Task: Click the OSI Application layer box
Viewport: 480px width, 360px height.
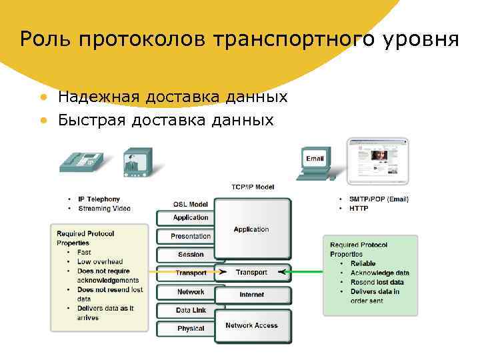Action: pyautogui.click(x=191, y=218)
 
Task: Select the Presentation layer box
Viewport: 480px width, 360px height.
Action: pyautogui.click(x=191, y=236)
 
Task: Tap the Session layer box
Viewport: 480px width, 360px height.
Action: pyautogui.click(x=191, y=255)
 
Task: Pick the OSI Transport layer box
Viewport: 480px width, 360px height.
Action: pyautogui.click(x=191, y=273)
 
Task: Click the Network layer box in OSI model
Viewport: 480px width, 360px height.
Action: pyautogui.click(x=191, y=292)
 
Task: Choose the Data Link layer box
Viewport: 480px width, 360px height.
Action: pyautogui.click(x=191, y=310)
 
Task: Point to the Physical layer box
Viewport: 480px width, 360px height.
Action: pyautogui.click(x=191, y=328)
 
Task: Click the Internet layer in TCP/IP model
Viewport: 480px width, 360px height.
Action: pyautogui.click(x=251, y=295)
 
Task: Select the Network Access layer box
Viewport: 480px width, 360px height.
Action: pyautogui.click(x=251, y=325)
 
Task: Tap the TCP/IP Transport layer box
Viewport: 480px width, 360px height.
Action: pyautogui.click(x=251, y=272)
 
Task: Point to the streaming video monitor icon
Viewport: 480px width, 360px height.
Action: pyautogui.click(x=137, y=163)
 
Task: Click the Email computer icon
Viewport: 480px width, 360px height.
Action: pyautogui.click(x=314, y=163)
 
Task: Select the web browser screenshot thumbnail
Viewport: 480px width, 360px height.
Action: pyautogui.click(x=377, y=161)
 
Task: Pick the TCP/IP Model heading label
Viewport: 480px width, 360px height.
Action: pyautogui.click(x=253, y=187)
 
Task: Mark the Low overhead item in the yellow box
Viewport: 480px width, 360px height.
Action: pyautogui.click(x=100, y=262)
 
